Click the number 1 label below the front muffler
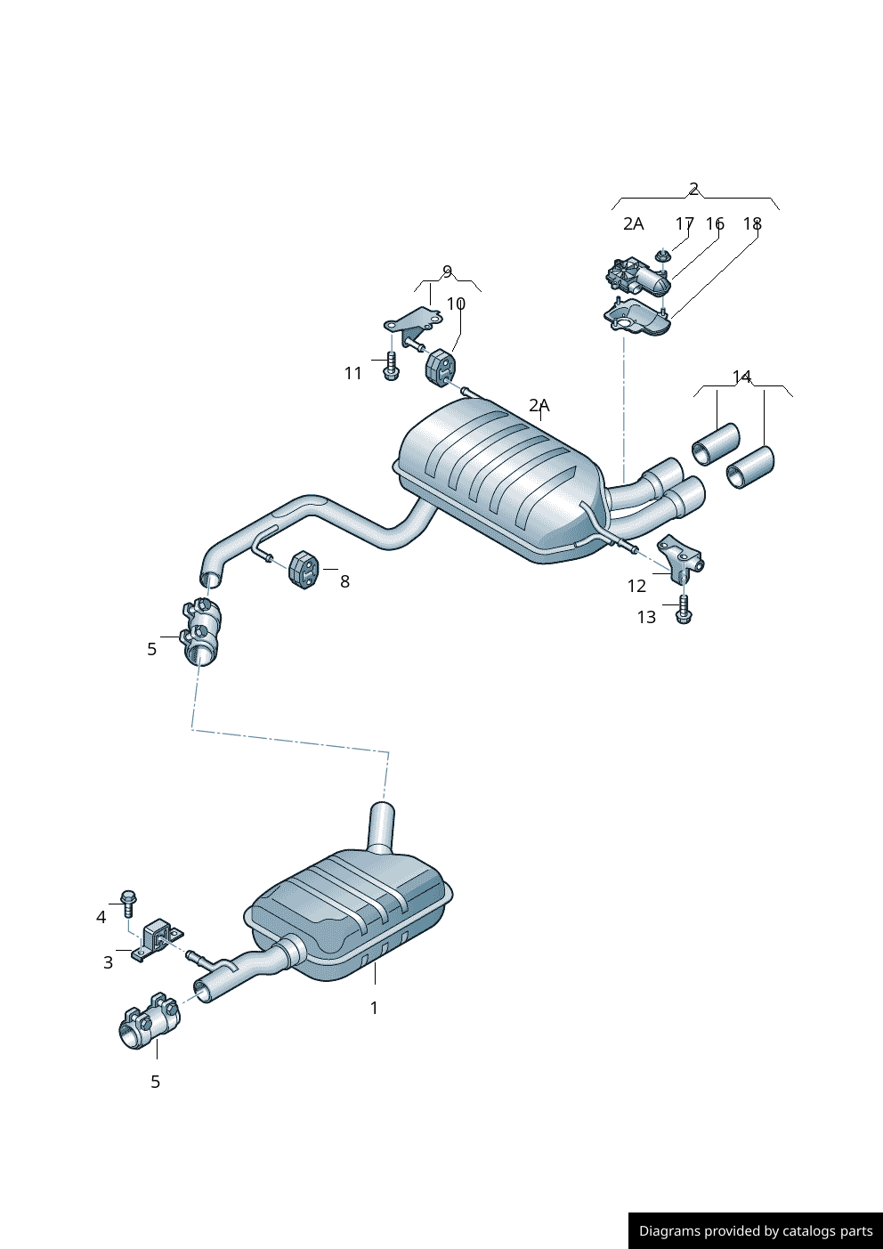pyautogui.click(x=374, y=1008)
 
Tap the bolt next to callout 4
pyautogui.click(x=127, y=902)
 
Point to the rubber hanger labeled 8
pyautogui.click(x=303, y=569)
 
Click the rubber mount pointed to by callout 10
pyautogui.click(x=441, y=369)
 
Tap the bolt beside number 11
pyautogui.click(x=391, y=366)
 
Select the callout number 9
pyautogui.click(x=447, y=272)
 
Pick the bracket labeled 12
pyautogui.click(x=681, y=556)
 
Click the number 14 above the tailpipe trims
pyautogui.click(x=741, y=377)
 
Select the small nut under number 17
pyautogui.click(x=661, y=256)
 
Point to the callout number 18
pyautogui.click(x=752, y=223)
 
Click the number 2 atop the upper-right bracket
pyautogui.click(x=693, y=189)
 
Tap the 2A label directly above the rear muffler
pyautogui.click(x=539, y=405)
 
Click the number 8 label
pyautogui.click(x=344, y=581)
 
